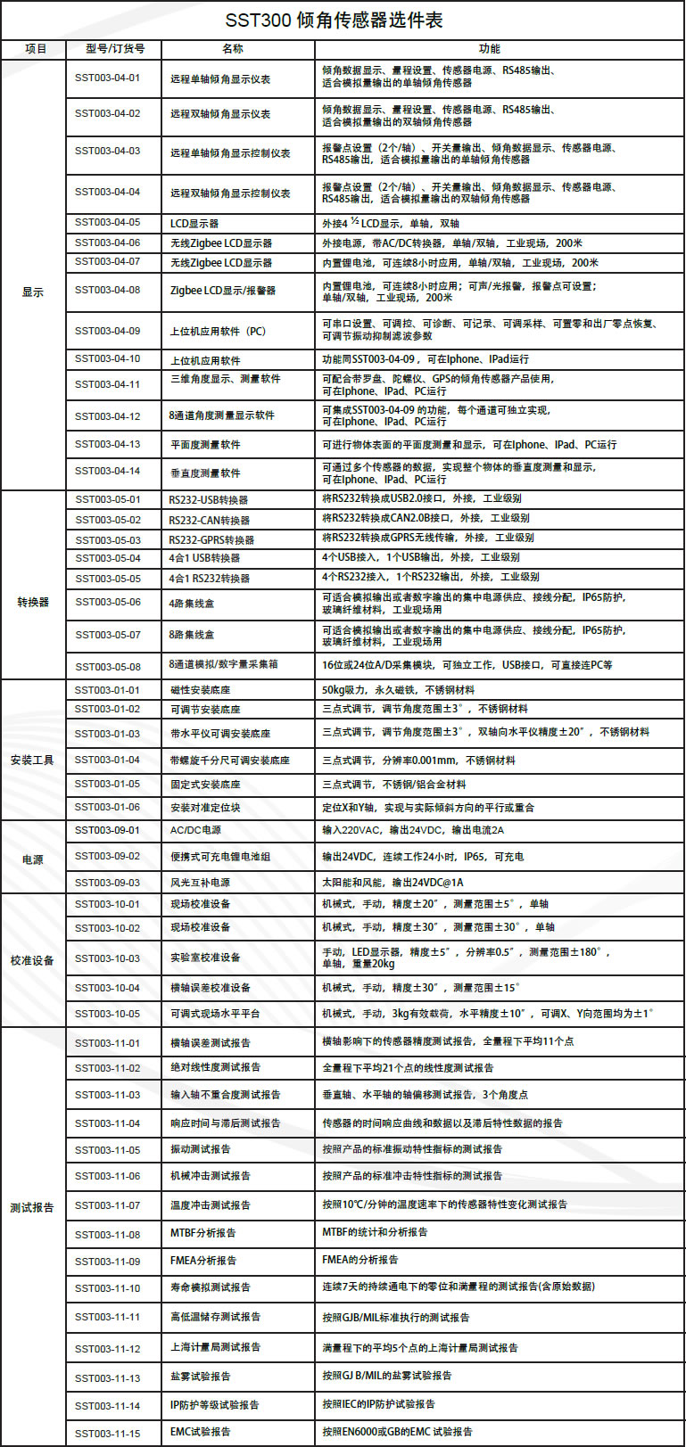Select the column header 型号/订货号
coord(115,49)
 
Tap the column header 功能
coord(489,49)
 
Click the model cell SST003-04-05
coord(107,222)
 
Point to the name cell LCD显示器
coord(194,223)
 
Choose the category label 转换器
coord(33,603)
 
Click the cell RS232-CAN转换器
coord(210,520)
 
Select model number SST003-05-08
coord(107,666)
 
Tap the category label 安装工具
coord(33,760)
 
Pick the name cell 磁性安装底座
coord(201,690)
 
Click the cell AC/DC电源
coord(195,830)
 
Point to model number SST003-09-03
coord(107,883)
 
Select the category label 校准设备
coord(33,961)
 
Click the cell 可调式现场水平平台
coord(215,1014)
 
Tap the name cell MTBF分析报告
coord(203,1233)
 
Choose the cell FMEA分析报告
coord(203,1261)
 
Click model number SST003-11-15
coord(107,1434)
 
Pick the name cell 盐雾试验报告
coord(201,1377)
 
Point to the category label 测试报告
coord(33,1208)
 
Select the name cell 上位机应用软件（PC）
coord(219,331)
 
